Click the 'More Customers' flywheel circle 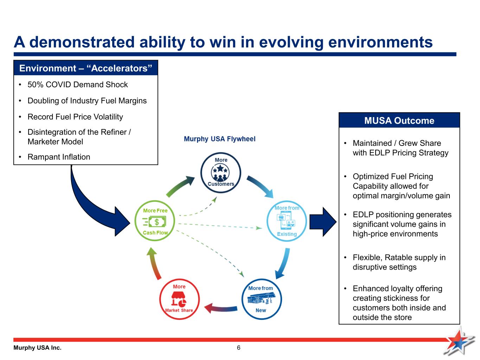pos(220,152)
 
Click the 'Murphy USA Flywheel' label pos(219,139)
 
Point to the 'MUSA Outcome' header pos(399,121)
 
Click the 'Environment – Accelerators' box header pos(86,68)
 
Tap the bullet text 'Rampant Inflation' pos(59,157)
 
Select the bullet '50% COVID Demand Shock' pos(78,85)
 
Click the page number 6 pos(238,348)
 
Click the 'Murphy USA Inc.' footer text pos(37,348)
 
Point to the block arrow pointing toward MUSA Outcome pos(323,222)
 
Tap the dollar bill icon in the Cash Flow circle pos(154,221)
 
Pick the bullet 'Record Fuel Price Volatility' pos(75,117)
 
